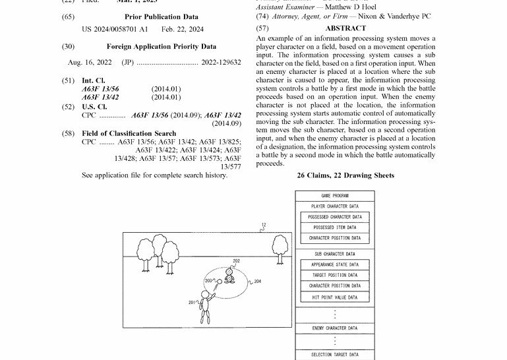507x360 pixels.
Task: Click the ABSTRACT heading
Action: (345, 28)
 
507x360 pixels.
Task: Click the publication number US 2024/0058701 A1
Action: (115, 30)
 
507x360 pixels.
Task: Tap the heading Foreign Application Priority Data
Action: (161, 47)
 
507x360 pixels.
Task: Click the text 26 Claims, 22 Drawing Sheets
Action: (345, 175)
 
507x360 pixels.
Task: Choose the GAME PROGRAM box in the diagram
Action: (335, 196)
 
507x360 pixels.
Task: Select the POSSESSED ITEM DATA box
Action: (335, 227)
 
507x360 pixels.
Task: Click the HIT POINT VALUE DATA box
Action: (335, 297)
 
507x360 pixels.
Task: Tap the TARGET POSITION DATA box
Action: (335, 275)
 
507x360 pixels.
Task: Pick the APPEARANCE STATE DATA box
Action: (335, 264)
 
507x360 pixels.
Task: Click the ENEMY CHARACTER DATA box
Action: (335, 328)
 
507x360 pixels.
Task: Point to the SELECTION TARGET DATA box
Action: (335, 355)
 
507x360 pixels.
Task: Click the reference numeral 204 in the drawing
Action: (257, 282)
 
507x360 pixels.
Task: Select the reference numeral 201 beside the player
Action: (192, 303)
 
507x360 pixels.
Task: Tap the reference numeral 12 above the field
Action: (263, 225)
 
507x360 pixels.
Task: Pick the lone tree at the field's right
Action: (279, 249)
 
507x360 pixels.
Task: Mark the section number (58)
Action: (68, 134)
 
